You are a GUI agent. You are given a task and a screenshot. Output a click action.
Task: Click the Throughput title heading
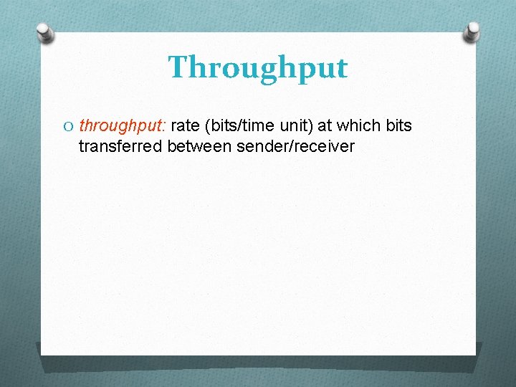(x=257, y=69)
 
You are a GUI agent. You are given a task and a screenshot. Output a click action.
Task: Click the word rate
(x=185, y=127)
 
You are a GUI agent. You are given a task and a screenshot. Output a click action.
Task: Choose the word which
(x=360, y=127)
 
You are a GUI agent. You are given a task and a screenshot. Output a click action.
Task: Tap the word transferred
(x=120, y=147)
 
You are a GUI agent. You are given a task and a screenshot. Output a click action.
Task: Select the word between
(x=198, y=147)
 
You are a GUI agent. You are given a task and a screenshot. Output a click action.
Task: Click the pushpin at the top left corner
(x=46, y=33)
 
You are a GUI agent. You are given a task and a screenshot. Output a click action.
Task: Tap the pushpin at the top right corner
(x=472, y=32)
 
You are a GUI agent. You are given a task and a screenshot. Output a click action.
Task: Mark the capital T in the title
(x=178, y=67)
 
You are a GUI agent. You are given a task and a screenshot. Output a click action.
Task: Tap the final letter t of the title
(x=341, y=68)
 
